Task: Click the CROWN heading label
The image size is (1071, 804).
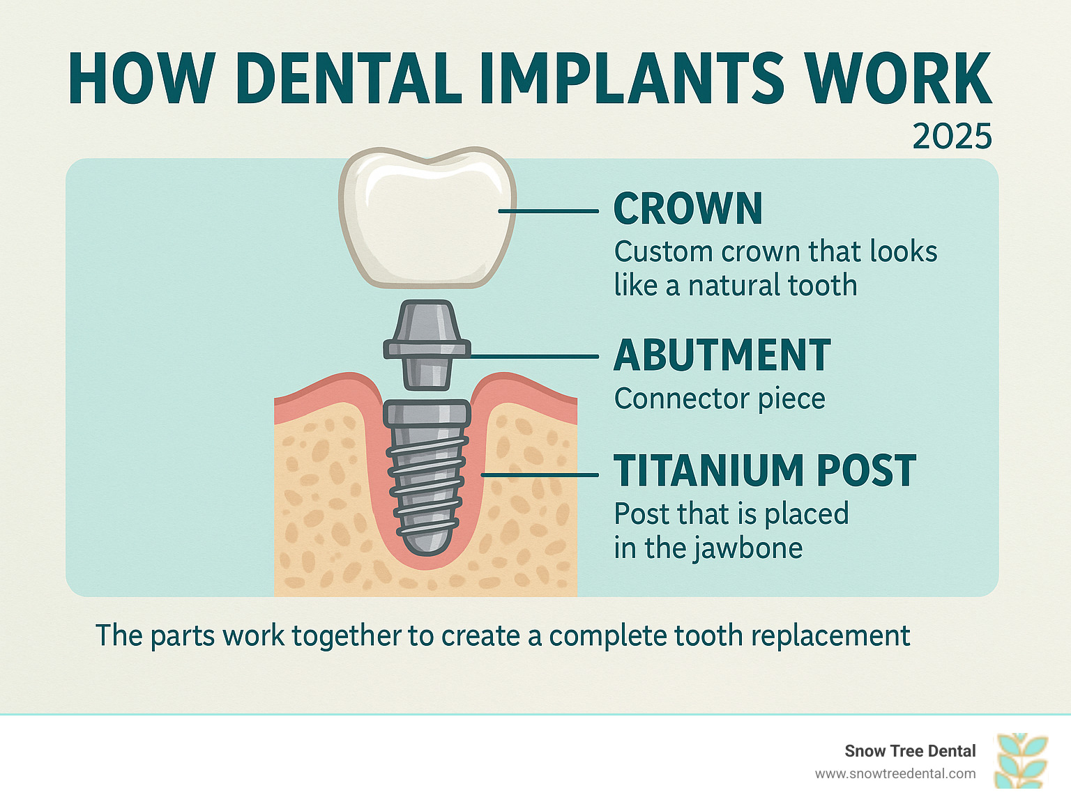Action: coord(688,208)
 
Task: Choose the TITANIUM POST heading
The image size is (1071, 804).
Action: coord(765,470)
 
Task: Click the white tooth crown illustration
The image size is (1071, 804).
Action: coord(427,217)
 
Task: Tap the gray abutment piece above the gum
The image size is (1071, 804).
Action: coord(427,345)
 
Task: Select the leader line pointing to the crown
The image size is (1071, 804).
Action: coord(549,211)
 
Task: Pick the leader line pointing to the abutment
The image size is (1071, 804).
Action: coord(534,357)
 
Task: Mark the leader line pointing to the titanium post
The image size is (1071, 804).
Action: coord(540,474)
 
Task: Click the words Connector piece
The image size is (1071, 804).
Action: coord(720,399)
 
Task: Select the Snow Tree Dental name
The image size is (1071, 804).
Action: coord(910,751)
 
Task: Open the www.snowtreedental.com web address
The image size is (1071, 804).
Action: coord(895,774)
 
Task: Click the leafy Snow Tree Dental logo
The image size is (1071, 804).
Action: coord(1021,761)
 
